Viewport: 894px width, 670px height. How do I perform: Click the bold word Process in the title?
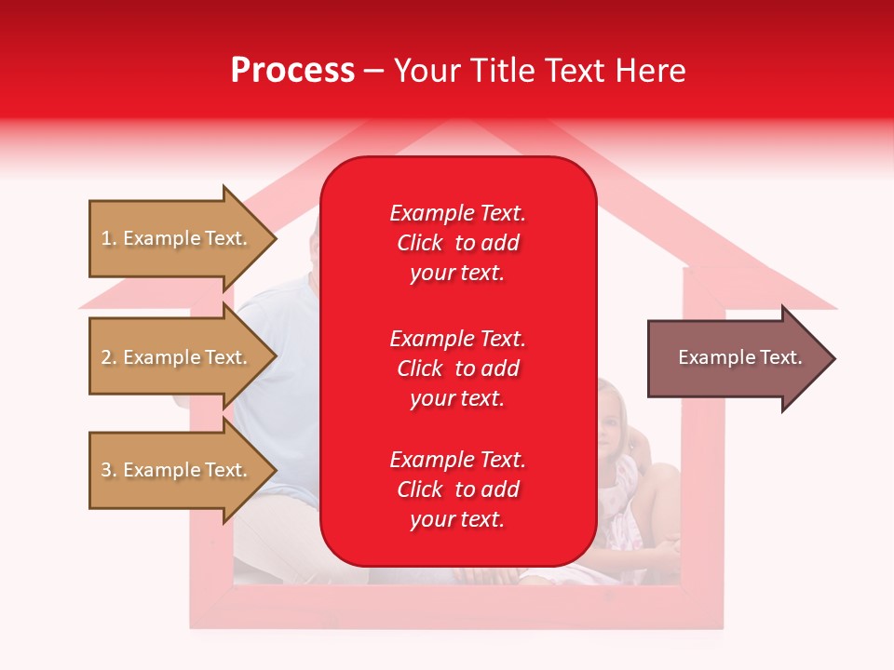click(x=292, y=71)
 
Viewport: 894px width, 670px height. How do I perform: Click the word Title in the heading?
click(x=501, y=71)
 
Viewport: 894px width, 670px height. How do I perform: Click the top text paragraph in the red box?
click(x=457, y=243)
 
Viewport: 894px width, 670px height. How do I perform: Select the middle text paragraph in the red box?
click(x=457, y=368)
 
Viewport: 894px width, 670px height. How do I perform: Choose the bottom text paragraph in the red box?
click(x=457, y=489)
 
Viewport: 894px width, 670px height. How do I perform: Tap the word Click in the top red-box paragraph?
click(x=420, y=243)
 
